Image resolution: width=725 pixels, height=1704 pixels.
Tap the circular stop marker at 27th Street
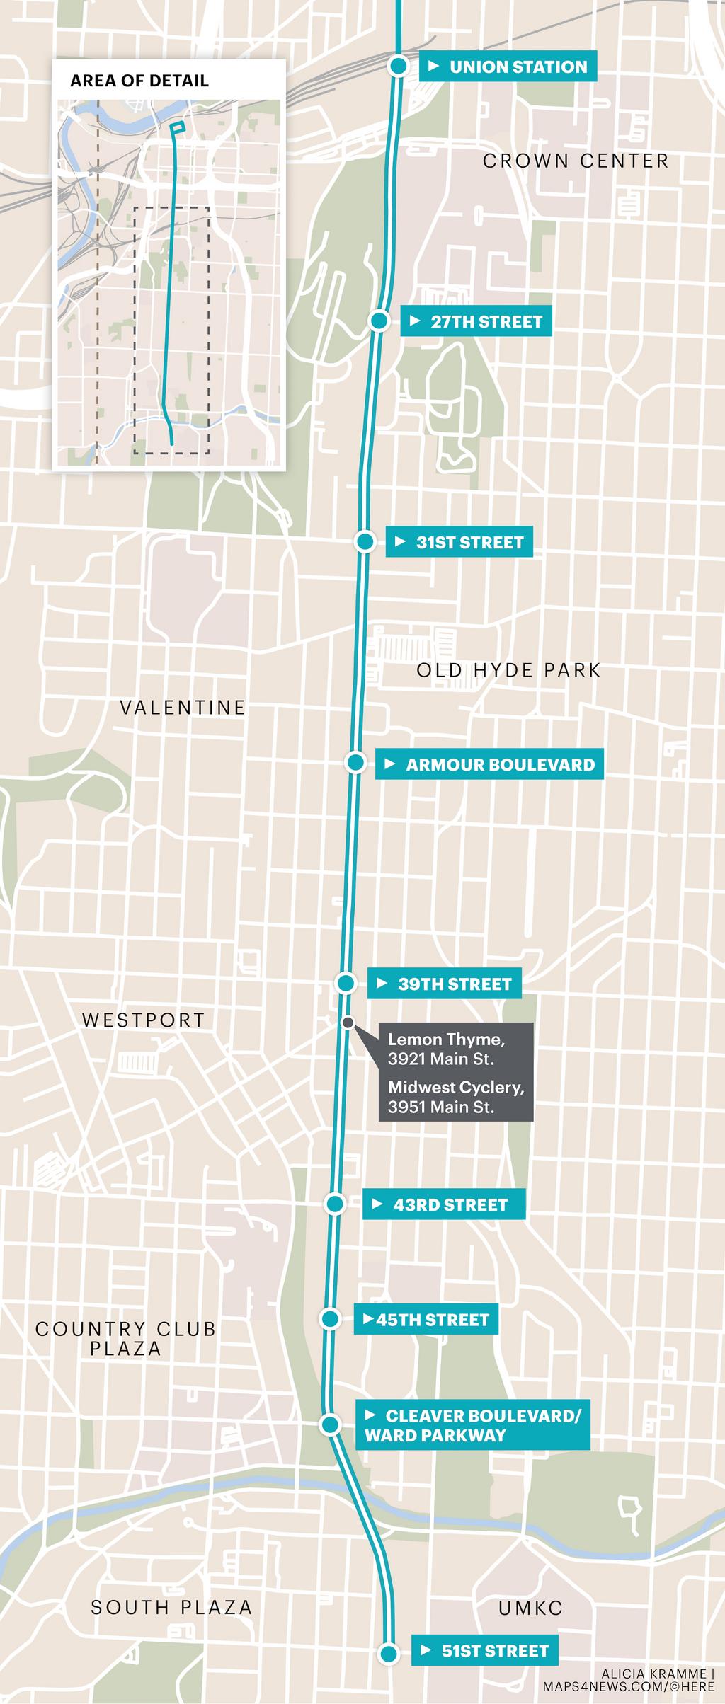click(x=379, y=321)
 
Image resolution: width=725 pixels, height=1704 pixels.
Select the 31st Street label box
click(x=459, y=542)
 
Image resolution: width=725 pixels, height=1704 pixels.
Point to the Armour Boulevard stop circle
click(x=355, y=763)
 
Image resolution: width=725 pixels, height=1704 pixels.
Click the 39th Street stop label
click(x=444, y=984)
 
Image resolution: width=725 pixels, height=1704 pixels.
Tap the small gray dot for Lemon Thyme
click(x=348, y=1022)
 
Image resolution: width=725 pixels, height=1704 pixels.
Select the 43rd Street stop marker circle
click(x=336, y=1204)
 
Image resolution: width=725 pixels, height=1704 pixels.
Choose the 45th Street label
click(x=426, y=1320)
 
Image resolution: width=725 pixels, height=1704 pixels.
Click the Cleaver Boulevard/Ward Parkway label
click(x=472, y=1425)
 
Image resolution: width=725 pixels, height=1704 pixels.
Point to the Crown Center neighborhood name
click(x=576, y=161)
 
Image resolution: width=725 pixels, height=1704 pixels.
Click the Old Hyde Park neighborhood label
click(x=508, y=670)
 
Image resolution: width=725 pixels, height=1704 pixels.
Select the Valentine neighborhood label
click(x=183, y=707)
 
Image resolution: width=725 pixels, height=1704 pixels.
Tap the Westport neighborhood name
click(x=143, y=1020)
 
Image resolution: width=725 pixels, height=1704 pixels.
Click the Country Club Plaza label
click(x=126, y=1338)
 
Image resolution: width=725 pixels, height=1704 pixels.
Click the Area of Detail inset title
click(x=139, y=80)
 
